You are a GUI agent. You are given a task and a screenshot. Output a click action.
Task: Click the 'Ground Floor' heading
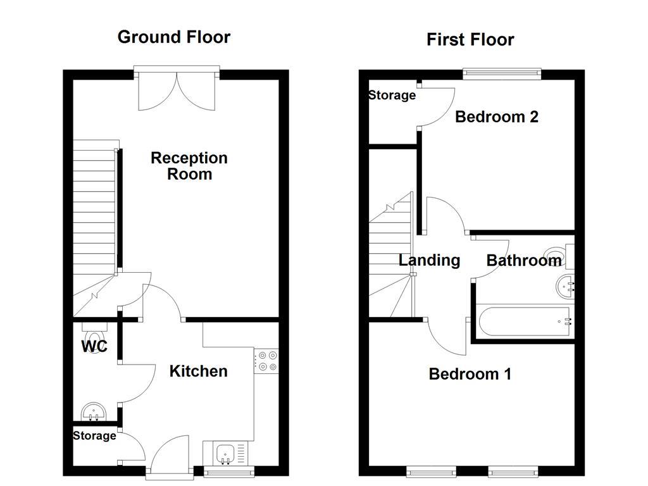pyautogui.click(x=174, y=37)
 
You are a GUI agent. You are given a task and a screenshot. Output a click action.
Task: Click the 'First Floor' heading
pyautogui.click(x=470, y=40)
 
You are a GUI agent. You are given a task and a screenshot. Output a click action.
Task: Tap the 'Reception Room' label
pyautogui.click(x=189, y=166)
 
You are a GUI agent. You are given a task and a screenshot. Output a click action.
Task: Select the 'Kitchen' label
pyautogui.click(x=198, y=371)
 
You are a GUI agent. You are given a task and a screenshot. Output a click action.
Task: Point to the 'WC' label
pyautogui.click(x=94, y=347)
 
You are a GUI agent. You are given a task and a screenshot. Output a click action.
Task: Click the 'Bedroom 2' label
pyautogui.click(x=497, y=117)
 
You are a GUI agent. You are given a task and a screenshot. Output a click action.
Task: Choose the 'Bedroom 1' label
pyautogui.click(x=470, y=374)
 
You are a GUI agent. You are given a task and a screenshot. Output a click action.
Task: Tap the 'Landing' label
pyautogui.click(x=429, y=260)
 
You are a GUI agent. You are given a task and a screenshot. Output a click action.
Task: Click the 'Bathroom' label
pyautogui.click(x=523, y=260)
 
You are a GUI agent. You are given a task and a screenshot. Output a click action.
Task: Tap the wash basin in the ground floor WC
pyautogui.click(x=96, y=412)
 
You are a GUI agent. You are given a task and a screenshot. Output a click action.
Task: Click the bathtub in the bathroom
pyautogui.click(x=524, y=321)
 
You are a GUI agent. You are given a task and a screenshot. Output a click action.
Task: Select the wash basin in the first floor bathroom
pyautogui.click(x=565, y=287)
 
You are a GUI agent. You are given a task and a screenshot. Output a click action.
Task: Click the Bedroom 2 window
pyautogui.click(x=502, y=73)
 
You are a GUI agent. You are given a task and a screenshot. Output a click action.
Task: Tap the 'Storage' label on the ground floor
pyautogui.click(x=94, y=436)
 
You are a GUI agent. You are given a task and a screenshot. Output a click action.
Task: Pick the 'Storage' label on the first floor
pyautogui.click(x=392, y=96)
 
